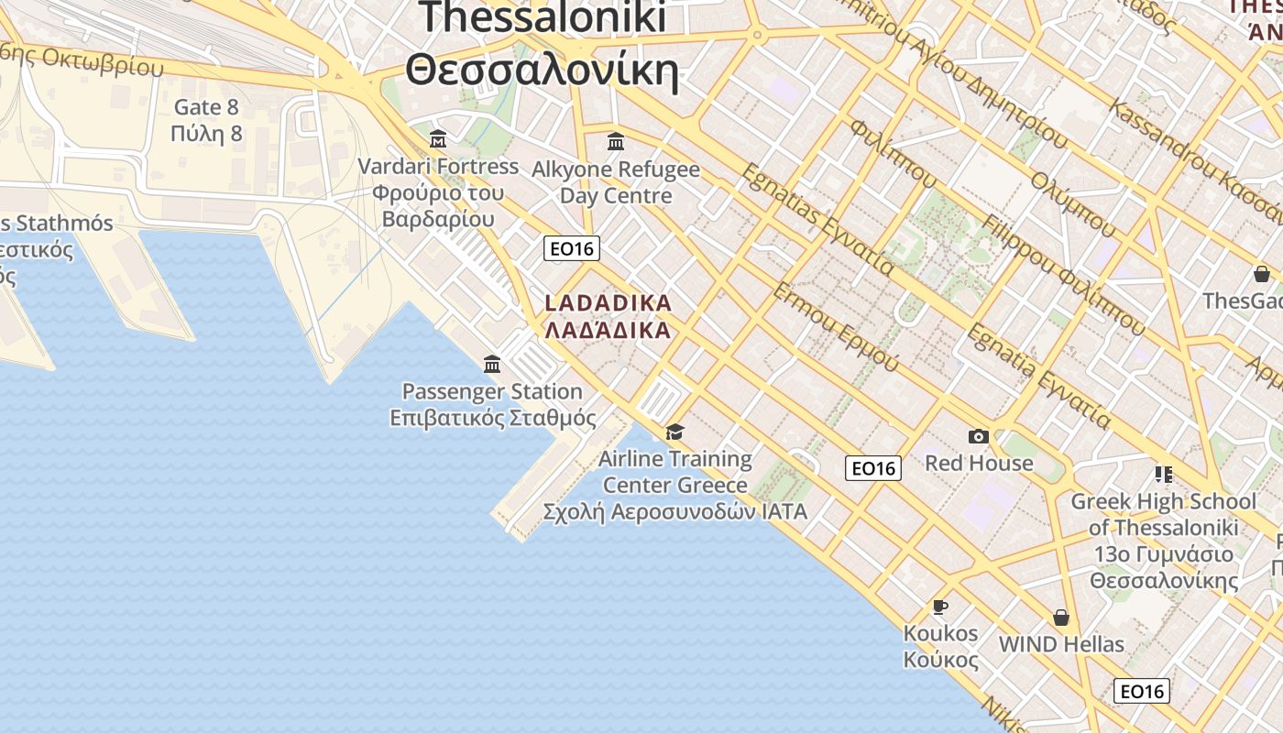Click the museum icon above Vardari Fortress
[438, 140]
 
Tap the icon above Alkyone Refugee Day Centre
[616, 142]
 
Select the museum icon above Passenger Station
[492, 365]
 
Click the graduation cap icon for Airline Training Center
[675, 432]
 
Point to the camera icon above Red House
[979, 437]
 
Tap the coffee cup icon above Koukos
[939, 607]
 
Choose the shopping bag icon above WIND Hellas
[1061, 618]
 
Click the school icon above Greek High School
[1164, 475]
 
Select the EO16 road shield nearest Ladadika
[571, 248]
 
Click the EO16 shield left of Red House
[873, 468]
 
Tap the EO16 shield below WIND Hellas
[1142, 691]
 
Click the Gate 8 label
[206, 107]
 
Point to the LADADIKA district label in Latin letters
[609, 302]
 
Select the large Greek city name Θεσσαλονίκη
[543, 71]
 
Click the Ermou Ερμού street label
[835, 326]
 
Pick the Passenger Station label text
[492, 391]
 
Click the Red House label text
[979, 464]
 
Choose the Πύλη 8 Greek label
[206, 134]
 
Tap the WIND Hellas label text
[1061, 644]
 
